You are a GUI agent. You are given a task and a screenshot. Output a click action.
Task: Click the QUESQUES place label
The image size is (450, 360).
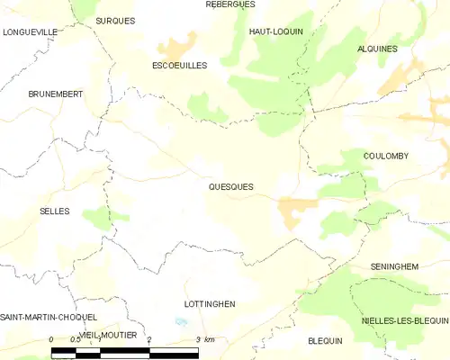pyautogui.click(x=230, y=187)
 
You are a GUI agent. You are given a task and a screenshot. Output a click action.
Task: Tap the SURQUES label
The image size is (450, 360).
pyautogui.click(x=115, y=20)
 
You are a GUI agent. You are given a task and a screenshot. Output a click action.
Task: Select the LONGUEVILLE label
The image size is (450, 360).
pyautogui.click(x=30, y=31)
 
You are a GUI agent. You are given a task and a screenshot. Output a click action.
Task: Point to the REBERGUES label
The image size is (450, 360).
pyautogui.click(x=230, y=4)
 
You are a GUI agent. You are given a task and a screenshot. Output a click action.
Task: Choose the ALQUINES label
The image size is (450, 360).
pyautogui.click(x=377, y=49)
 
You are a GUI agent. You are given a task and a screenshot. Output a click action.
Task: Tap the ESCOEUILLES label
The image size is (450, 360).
pyautogui.click(x=179, y=66)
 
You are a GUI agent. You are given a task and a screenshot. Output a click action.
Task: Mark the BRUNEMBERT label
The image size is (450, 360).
pyautogui.click(x=56, y=94)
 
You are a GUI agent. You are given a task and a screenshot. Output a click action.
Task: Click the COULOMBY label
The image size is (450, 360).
pyautogui.click(x=387, y=156)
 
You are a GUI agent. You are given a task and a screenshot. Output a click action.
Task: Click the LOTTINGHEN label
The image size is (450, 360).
pyautogui.click(x=209, y=304)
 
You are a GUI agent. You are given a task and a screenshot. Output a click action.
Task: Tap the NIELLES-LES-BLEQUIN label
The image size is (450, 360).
pyautogui.click(x=404, y=320)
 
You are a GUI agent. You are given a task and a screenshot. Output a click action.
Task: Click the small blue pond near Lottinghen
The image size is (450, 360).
pyautogui.click(x=181, y=321)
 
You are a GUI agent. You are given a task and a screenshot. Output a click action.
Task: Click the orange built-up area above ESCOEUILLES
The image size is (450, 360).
pyautogui.click(x=177, y=45)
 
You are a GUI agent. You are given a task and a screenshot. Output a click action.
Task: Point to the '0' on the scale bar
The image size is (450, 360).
pyautogui.click(x=52, y=339)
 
